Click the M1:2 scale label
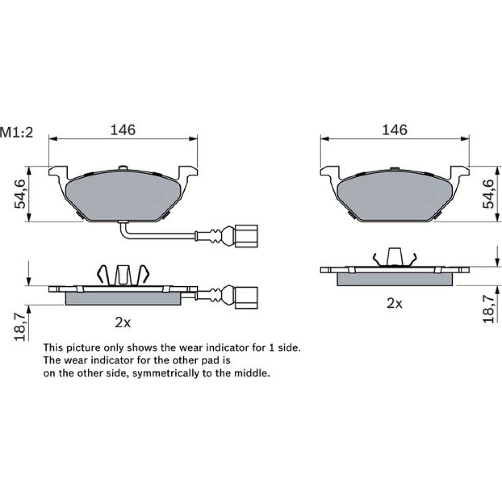[17, 132]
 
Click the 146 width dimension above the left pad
[123, 130]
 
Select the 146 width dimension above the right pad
[395, 130]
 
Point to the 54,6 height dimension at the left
[20, 194]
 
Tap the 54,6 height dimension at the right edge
[488, 194]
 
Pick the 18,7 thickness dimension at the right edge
[488, 309]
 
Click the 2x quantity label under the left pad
[123, 323]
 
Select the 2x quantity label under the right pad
[395, 304]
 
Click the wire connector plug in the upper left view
[246, 236]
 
